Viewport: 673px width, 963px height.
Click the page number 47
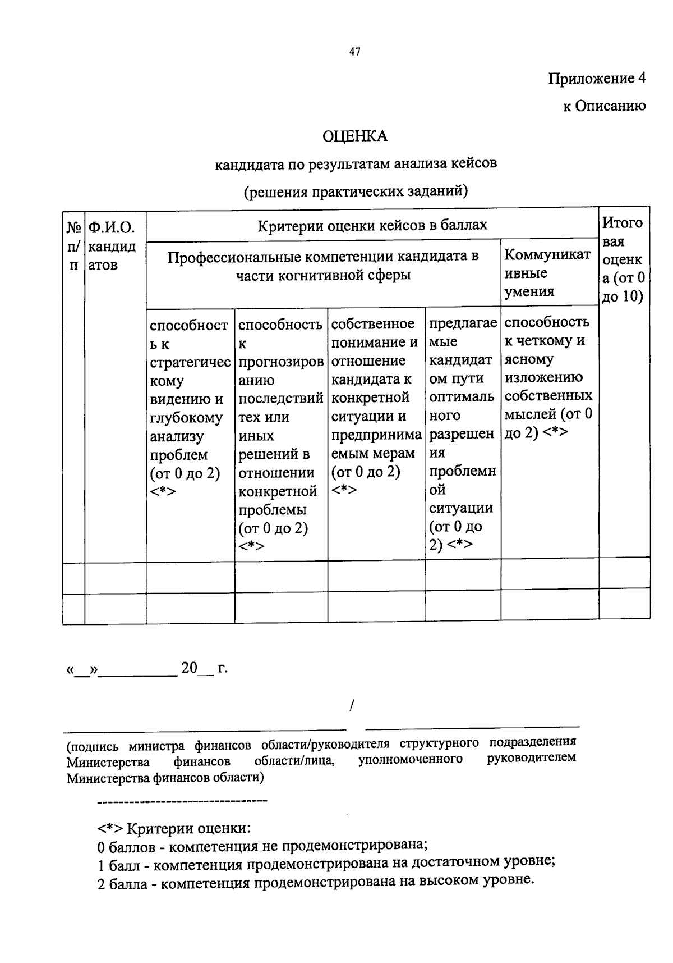click(354, 52)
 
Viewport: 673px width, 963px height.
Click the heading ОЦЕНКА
click(354, 136)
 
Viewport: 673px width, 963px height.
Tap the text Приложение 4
click(597, 79)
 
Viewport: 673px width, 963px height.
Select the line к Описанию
click(604, 106)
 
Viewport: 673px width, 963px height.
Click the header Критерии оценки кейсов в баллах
click(372, 226)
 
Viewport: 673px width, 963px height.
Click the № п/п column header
click(73, 246)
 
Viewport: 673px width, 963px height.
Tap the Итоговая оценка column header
click(623, 259)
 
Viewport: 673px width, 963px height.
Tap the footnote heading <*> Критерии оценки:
click(174, 828)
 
